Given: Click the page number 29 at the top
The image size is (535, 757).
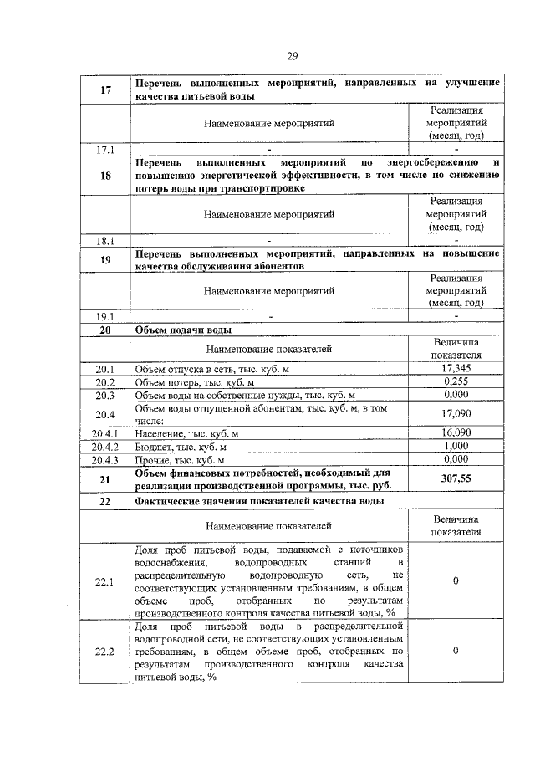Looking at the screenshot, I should pos(293,56).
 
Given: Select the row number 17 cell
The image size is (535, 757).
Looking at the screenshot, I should pos(105,90).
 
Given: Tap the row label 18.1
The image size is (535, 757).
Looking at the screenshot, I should pos(105,240).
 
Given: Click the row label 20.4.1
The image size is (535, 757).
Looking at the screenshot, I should pos(105,432).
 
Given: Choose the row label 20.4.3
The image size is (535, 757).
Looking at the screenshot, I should pos(105,459).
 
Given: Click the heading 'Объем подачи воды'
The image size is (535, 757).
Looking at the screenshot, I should pos(178,330).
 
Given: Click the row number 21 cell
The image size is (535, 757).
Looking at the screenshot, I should pos(105,479).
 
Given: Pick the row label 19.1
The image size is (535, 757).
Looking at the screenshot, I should pos(105,316).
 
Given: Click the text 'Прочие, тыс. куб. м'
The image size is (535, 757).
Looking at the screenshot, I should pos(180,459).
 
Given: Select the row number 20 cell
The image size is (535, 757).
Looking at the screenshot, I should pos(105,330).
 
